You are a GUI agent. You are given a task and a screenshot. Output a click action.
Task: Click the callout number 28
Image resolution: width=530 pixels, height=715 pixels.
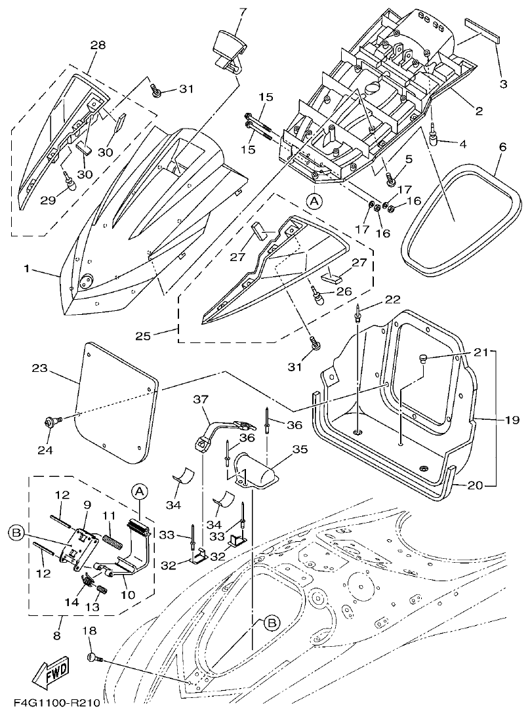pos(98,45)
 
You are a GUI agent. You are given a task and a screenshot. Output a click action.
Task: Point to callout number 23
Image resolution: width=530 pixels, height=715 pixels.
pos(39,369)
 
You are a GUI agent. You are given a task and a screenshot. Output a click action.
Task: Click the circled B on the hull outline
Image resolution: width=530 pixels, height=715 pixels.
pos(271,623)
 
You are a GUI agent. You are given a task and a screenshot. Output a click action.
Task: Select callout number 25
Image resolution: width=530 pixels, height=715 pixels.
pos(161,336)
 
